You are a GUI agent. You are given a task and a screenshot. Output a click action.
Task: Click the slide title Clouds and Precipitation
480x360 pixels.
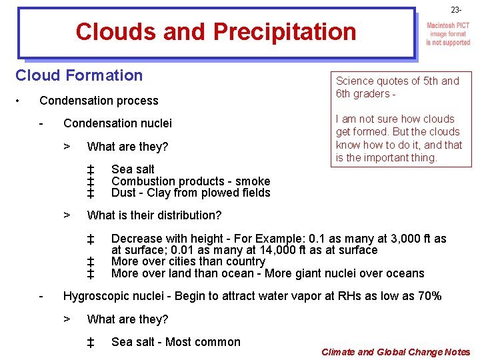pyautogui.click(x=216, y=31)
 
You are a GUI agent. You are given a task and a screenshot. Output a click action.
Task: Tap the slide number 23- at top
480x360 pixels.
pyautogui.click(x=455, y=10)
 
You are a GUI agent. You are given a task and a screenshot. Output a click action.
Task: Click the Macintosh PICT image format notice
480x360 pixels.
pyautogui.click(x=448, y=34)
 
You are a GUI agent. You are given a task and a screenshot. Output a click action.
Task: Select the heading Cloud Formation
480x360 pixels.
pyautogui.click(x=79, y=75)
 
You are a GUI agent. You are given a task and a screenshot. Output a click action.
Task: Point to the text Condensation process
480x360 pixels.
pyautogui.click(x=99, y=101)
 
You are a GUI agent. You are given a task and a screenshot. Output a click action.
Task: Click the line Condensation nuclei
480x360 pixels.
pyautogui.click(x=117, y=123)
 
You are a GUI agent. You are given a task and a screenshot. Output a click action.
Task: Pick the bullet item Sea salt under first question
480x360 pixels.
pyautogui.click(x=133, y=169)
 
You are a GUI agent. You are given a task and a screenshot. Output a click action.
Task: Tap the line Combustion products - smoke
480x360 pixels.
pyautogui.click(x=191, y=181)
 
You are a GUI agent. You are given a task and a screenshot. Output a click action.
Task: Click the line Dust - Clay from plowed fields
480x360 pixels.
pyautogui.click(x=191, y=193)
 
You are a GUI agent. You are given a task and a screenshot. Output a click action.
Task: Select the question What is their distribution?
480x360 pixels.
pyautogui.click(x=154, y=215)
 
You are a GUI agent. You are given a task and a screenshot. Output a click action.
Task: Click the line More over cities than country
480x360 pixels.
pyautogui.click(x=188, y=261)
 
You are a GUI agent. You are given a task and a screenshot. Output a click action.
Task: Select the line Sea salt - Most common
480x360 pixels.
pyautogui.click(x=175, y=342)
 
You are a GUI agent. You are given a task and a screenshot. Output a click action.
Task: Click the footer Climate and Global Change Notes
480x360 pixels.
pyautogui.click(x=395, y=352)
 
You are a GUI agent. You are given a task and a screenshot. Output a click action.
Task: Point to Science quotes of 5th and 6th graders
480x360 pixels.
pyautogui.click(x=397, y=87)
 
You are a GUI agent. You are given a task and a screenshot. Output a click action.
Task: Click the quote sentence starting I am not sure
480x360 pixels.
pyautogui.click(x=399, y=138)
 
